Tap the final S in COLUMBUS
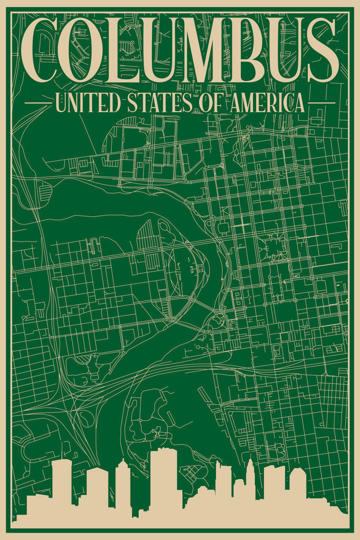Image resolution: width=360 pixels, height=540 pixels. pyautogui.click(x=322, y=50)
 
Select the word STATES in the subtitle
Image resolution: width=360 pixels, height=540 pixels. pyautogui.click(x=159, y=103)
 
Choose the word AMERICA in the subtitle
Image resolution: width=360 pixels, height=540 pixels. pyautogui.click(x=266, y=103)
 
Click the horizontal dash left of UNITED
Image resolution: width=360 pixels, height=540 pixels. pyautogui.click(x=37, y=103)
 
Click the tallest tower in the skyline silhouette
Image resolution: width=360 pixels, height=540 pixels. pyautogui.click(x=163, y=480)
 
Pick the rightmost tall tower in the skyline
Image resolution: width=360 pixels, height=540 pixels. pyautogui.click(x=297, y=485)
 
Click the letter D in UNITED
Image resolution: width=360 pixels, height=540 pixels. pyautogui.click(x=115, y=103)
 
